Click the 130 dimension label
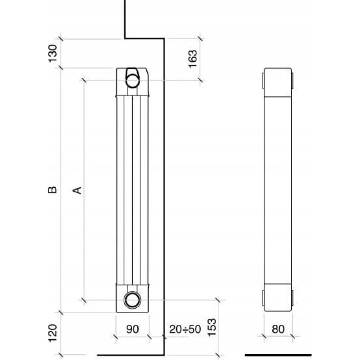tap(53, 53)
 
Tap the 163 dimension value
tap(193, 59)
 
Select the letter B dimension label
tap(52, 190)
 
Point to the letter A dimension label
tap(77, 190)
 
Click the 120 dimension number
tap(53, 333)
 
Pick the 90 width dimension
tap(132, 329)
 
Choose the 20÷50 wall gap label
tap(185, 329)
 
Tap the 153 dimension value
tap(211, 328)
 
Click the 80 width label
tap(278, 329)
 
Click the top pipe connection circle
tap(132, 80)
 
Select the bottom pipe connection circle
tap(132, 300)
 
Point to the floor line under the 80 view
tap(278, 355)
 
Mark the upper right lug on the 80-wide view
tap(292, 81)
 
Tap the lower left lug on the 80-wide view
tap(263, 298)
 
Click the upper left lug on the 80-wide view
tap(263, 81)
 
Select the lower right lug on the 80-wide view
tap(292, 298)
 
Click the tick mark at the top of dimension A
tap(84, 80)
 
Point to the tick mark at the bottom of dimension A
tap(84, 300)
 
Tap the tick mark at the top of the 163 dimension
tap(200, 39)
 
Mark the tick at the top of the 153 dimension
tap(218, 300)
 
